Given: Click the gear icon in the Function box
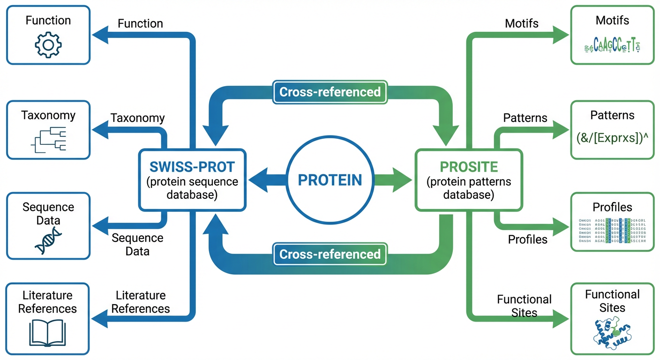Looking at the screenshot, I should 48,45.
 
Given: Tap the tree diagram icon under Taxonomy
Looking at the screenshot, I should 49,140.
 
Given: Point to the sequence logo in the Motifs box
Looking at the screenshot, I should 612,45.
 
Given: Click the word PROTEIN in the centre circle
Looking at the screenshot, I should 330,180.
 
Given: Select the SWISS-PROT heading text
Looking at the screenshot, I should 192,166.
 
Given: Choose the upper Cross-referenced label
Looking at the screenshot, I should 330,91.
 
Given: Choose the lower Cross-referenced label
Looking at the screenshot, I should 330,254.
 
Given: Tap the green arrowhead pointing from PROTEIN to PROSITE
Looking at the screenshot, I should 402,180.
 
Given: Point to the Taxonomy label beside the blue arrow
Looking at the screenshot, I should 137,118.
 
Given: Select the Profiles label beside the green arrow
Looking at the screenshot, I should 528,240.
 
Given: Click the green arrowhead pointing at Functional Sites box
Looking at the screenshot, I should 561,319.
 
